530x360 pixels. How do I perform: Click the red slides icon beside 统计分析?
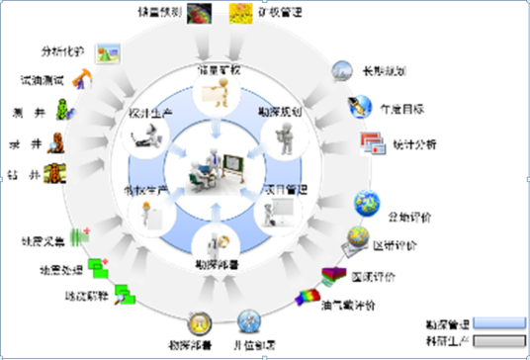click(x=373, y=141)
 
